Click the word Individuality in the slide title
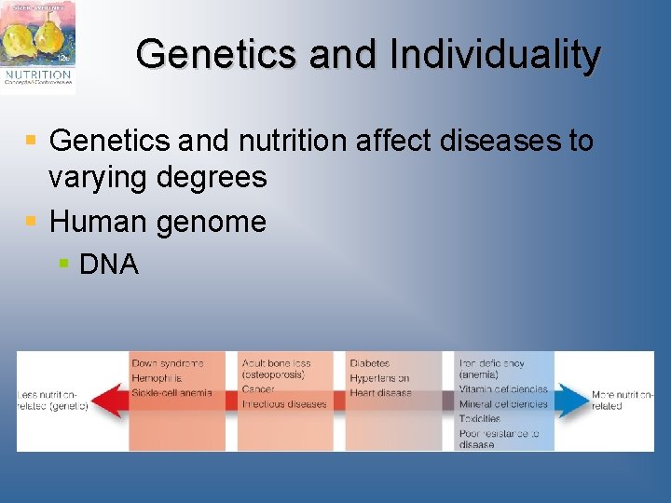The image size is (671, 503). tap(495, 55)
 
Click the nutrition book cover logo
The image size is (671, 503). tap(38, 47)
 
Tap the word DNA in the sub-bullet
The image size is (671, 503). tap(109, 265)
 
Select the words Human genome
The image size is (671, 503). tap(157, 222)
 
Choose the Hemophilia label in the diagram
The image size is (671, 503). tap(157, 378)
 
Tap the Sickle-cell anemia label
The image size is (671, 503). tap(171, 393)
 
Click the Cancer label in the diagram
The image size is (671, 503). tap(258, 389)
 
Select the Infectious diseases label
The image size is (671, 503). tap(284, 404)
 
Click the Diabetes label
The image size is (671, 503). tap(370, 363)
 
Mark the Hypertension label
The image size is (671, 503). tap(379, 378)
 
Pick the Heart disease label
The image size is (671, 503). tap(380, 393)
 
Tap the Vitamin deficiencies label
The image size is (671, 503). tap(503, 389)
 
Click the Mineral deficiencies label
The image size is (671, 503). tap(503, 404)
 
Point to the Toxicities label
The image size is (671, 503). tap(479, 419)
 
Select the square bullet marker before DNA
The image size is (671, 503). tap(63, 265)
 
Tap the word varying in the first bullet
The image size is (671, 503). tap(98, 177)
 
